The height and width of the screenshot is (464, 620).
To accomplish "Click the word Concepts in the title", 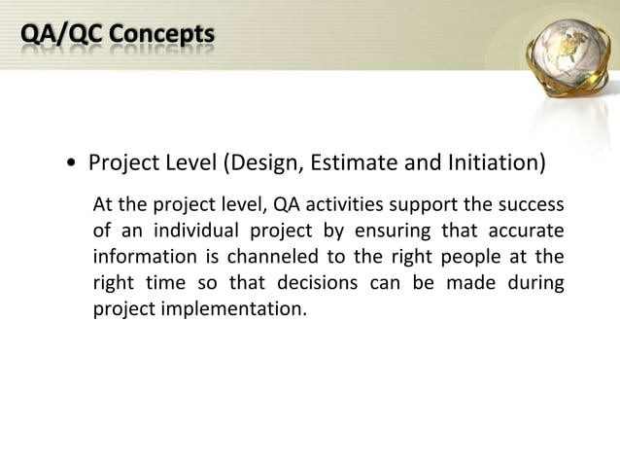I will (x=161, y=36).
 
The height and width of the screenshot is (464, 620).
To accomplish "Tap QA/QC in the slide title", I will (x=61, y=36).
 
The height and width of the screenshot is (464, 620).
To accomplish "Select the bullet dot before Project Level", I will (x=74, y=163).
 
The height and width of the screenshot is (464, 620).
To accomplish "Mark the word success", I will (x=531, y=205).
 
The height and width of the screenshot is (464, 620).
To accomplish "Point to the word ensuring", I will (x=392, y=232).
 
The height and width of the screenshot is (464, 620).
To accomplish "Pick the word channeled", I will (x=254, y=258).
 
